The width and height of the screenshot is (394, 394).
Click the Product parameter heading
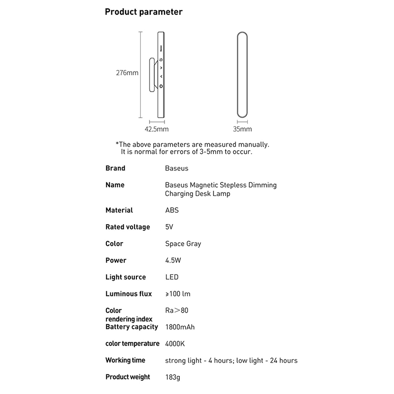144,12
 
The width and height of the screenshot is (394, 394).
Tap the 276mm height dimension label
127,73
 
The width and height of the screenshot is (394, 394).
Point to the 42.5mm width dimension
157,130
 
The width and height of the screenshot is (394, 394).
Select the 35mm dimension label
242,130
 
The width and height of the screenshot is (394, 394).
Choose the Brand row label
115,168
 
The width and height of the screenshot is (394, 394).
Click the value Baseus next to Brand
177,168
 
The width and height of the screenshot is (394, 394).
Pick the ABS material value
172,210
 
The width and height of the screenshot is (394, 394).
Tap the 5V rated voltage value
170,227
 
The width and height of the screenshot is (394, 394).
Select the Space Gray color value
183,244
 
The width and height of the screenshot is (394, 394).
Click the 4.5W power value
173,261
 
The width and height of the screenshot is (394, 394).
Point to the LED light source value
172,277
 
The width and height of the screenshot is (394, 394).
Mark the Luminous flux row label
129,294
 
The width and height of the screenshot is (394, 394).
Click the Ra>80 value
177,311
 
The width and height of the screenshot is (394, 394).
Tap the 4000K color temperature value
175,344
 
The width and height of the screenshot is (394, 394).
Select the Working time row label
125,361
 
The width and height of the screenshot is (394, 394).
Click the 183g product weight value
173,377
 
